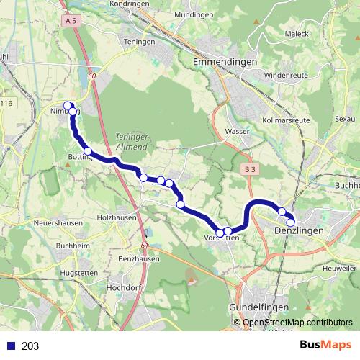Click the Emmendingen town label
tap(225, 63)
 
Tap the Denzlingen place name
tap(299, 230)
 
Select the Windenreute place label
tap(286, 74)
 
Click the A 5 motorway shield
tap(70, 22)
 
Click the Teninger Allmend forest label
tap(131, 141)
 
